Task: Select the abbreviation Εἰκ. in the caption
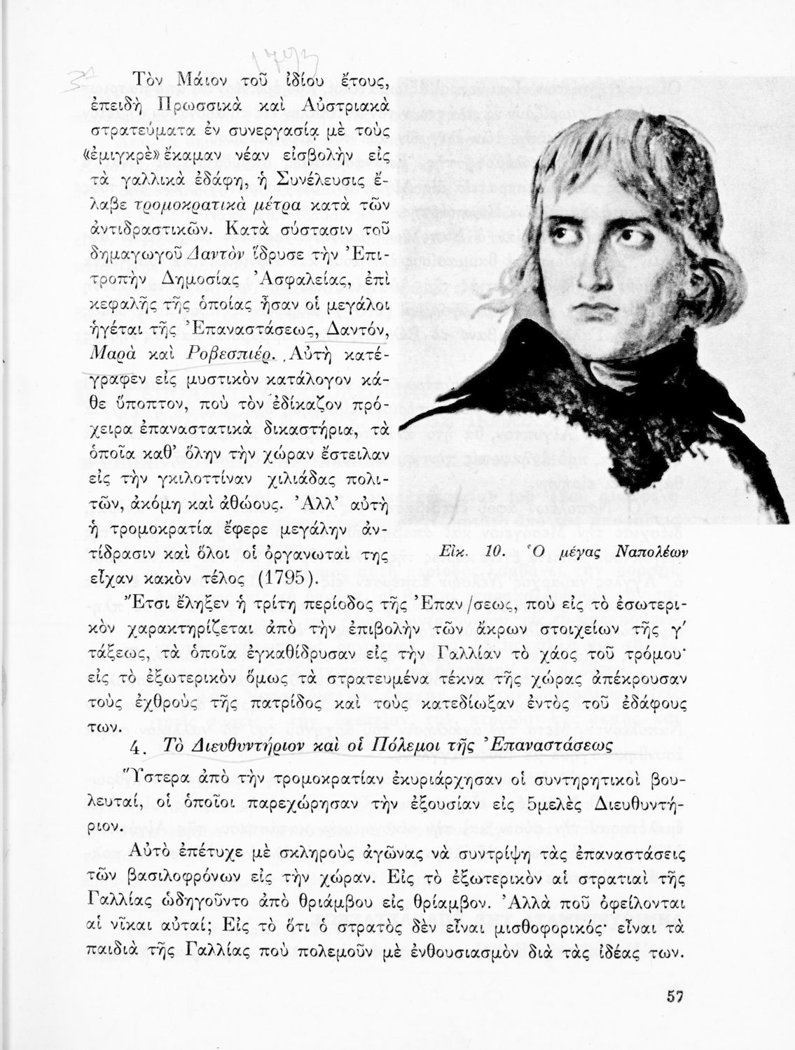[x=458, y=552]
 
